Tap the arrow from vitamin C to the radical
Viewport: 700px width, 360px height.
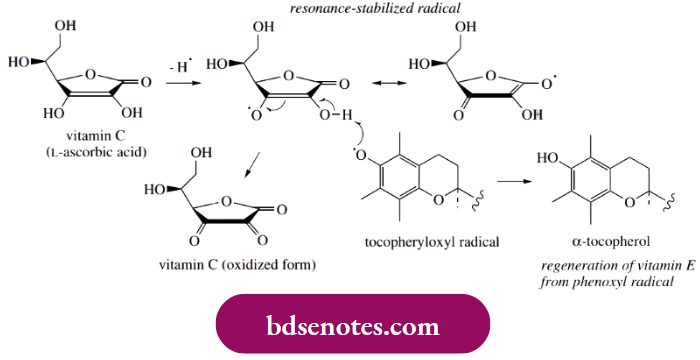click(180, 86)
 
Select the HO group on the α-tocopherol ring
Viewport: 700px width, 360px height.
click(548, 157)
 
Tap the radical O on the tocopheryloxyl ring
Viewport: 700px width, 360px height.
click(361, 155)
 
